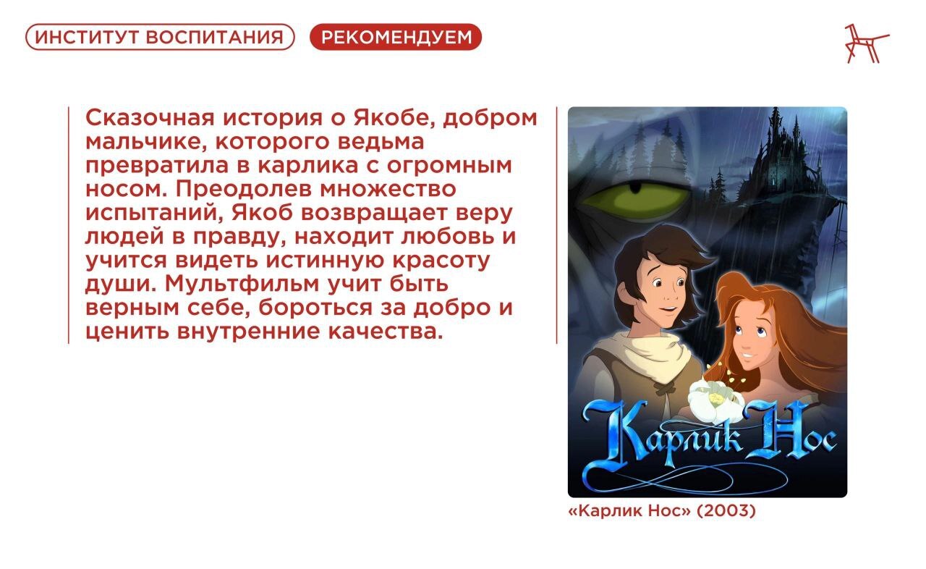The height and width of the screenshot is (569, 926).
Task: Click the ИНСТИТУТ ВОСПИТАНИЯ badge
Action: [x=160, y=37]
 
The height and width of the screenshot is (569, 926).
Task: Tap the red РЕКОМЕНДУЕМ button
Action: [x=396, y=37]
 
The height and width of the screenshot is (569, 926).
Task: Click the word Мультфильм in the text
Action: [x=242, y=284]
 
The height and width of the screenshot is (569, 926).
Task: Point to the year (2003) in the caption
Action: [x=726, y=511]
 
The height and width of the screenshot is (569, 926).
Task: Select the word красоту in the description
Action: [x=441, y=261]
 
